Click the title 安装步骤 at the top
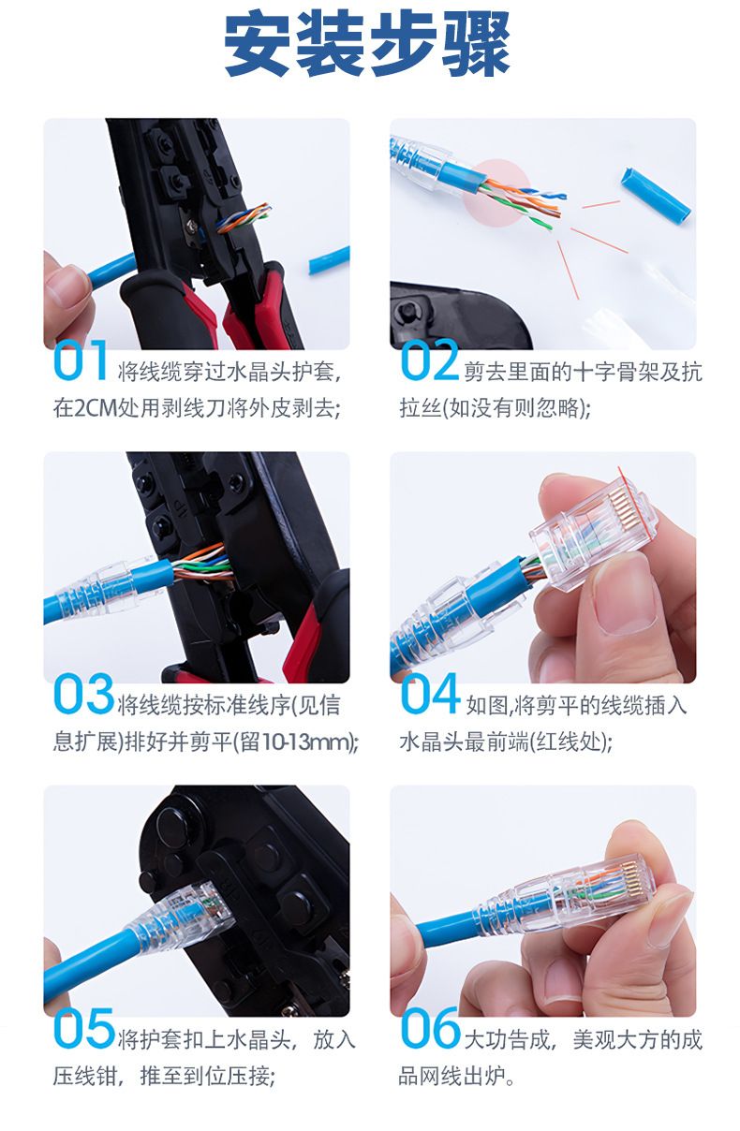pyautogui.click(x=367, y=47)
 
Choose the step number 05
pyautogui.click(x=83, y=1027)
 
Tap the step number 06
pyautogui.click(x=430, y=1027)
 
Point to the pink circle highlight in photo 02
pyautogui.click(x=497, y=193)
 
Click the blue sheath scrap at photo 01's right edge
pyautogui.click(x=329, y=260)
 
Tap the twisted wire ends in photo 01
pyautogui.click(x=244, y=217)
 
